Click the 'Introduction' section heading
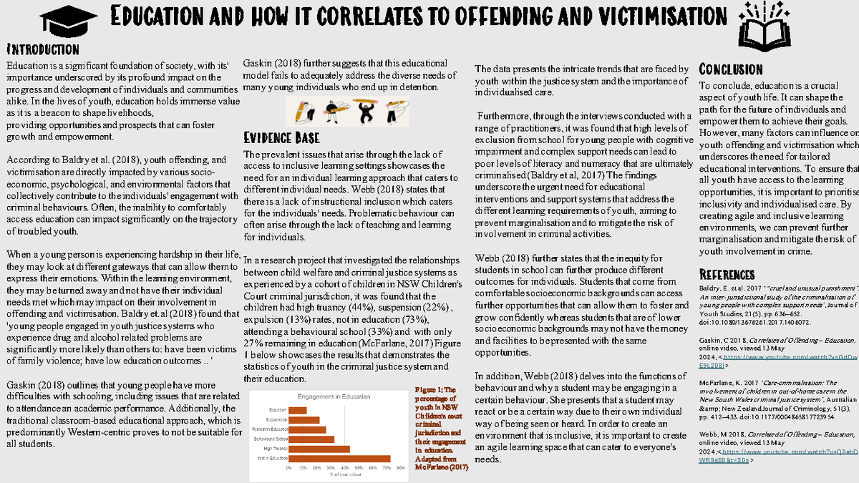pos(42,49)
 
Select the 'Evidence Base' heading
pos(281,137)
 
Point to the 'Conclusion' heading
pos(731,69)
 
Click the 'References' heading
pos(727,275)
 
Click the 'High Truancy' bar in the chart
pos(319,449)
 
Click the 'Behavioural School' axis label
pos(272,439)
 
